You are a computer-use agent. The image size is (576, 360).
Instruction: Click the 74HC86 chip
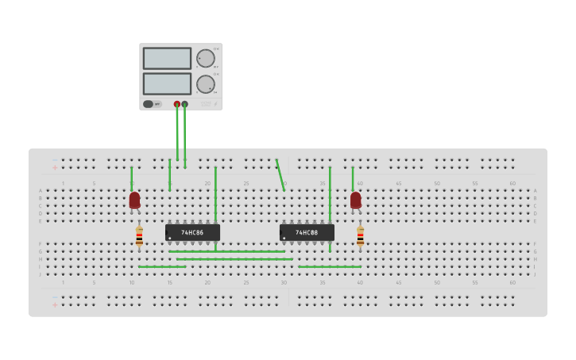tap(192, 232)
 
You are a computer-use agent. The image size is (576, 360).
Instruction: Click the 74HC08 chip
tap(307, 232)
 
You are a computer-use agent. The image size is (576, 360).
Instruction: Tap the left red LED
tap(134, 199)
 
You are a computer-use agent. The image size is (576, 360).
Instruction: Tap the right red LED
tap(355, 199)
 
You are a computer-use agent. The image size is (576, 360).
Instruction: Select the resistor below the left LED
tap(139, 235)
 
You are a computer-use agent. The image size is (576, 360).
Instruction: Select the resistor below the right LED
tap(360, 235)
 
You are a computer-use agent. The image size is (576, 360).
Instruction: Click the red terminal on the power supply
tap(176, 104)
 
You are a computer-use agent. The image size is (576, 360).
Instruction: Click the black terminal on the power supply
tap(184, 104)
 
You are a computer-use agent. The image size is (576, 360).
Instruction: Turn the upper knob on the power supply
tap(205, 58)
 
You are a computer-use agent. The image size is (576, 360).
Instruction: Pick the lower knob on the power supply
tap(205, 83)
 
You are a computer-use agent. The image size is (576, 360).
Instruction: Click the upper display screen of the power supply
tap(167, 58)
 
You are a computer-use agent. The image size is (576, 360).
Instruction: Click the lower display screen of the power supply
tap(167, 83)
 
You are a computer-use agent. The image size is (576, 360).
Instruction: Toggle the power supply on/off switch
tap(149, 104)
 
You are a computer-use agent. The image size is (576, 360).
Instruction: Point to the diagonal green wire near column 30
tap(280, 175)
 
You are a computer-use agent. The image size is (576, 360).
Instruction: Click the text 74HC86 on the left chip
tap(192, 233)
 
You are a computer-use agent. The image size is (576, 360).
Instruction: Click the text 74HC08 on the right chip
tap(307, 233)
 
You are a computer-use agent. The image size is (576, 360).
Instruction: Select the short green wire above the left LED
tap(131, 178)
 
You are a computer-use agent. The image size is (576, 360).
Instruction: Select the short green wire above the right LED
tap(352, 178)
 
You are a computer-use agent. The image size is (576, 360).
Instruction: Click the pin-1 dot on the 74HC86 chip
tap(169, 238)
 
